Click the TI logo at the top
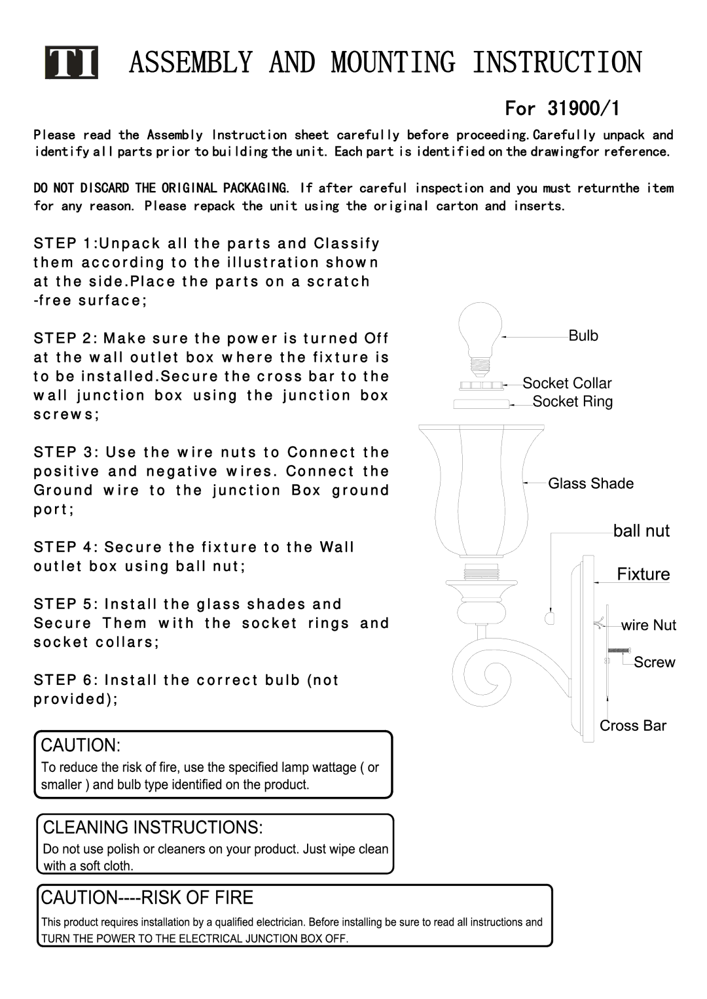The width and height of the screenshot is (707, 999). point(71,63)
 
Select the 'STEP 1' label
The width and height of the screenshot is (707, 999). point(63,243)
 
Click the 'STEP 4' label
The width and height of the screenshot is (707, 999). point(63,547)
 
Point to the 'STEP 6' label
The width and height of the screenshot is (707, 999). point(63,680)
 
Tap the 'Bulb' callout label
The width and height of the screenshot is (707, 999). point(583,336)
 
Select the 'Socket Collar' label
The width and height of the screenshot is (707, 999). point(567,383)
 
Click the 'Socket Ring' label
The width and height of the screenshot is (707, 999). point(572,402)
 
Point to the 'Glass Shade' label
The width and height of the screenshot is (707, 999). point(590,483)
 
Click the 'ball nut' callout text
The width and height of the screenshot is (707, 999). point(641,531)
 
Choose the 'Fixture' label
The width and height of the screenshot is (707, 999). point(643,574)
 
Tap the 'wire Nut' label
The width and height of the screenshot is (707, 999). point(648,625)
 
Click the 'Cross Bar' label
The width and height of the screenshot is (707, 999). point(632,726)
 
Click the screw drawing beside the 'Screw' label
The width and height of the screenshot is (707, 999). point(619,650)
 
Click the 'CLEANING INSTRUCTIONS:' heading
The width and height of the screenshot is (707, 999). point(153,828)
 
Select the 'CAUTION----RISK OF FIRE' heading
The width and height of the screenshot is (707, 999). point(147,898)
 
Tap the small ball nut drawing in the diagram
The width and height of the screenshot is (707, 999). point(549,617)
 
